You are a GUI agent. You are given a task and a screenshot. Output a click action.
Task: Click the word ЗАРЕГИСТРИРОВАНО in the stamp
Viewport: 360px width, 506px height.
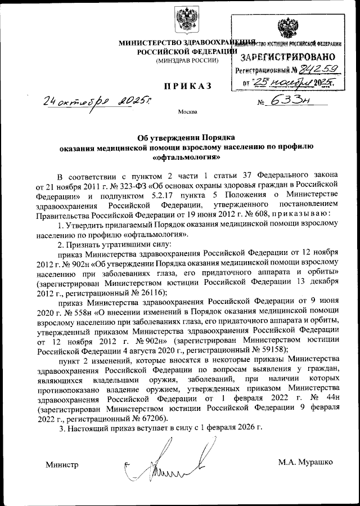click(287, 57)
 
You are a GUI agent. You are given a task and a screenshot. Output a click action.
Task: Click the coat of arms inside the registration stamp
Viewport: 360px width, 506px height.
click(288, 29)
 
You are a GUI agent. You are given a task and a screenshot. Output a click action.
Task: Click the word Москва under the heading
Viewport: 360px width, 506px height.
click(187, 111)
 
